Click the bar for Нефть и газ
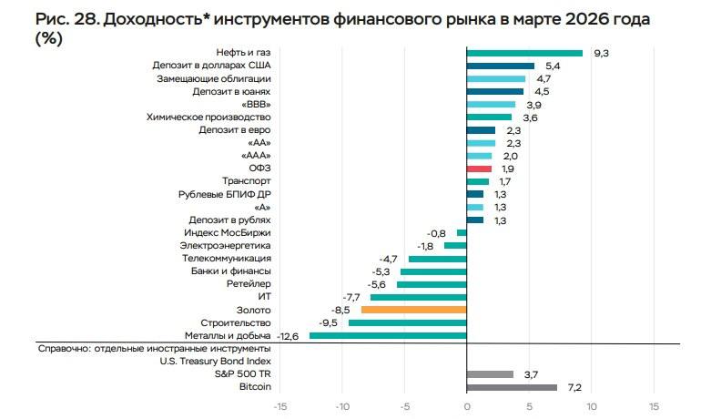[524, 53]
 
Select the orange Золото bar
[413, 311]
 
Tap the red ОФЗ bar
[479, 169]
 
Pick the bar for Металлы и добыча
[388, 336]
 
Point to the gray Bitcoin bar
[511, 387]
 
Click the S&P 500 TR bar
[489, 374]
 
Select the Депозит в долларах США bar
[500, 66]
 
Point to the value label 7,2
[574, 387]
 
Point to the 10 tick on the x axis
[591, 406]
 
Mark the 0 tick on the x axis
[466, 406]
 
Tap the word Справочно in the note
[63, 349]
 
